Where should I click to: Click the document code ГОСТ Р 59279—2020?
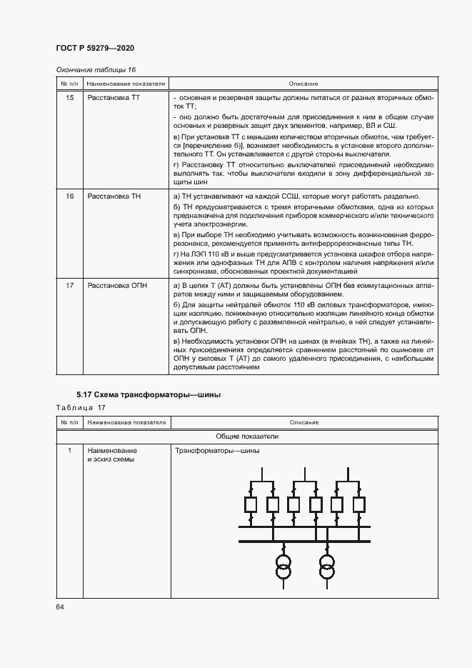[x=94, y=48]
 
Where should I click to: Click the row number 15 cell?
[x=69, y=96]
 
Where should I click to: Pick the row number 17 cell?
[x=69, y=286]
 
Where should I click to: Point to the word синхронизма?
[x=199, y=271]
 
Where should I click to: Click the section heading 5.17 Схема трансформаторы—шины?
[x=149, y=394]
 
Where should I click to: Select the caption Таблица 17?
[x=81, y=407]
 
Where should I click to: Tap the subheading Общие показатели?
[x=247, y=436]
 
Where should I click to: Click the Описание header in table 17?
[x=303, y=423]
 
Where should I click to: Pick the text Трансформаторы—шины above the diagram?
[x=217, y=451]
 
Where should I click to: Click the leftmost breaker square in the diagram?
[x=251, y=504]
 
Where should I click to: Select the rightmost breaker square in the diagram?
[x=358, y=504]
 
